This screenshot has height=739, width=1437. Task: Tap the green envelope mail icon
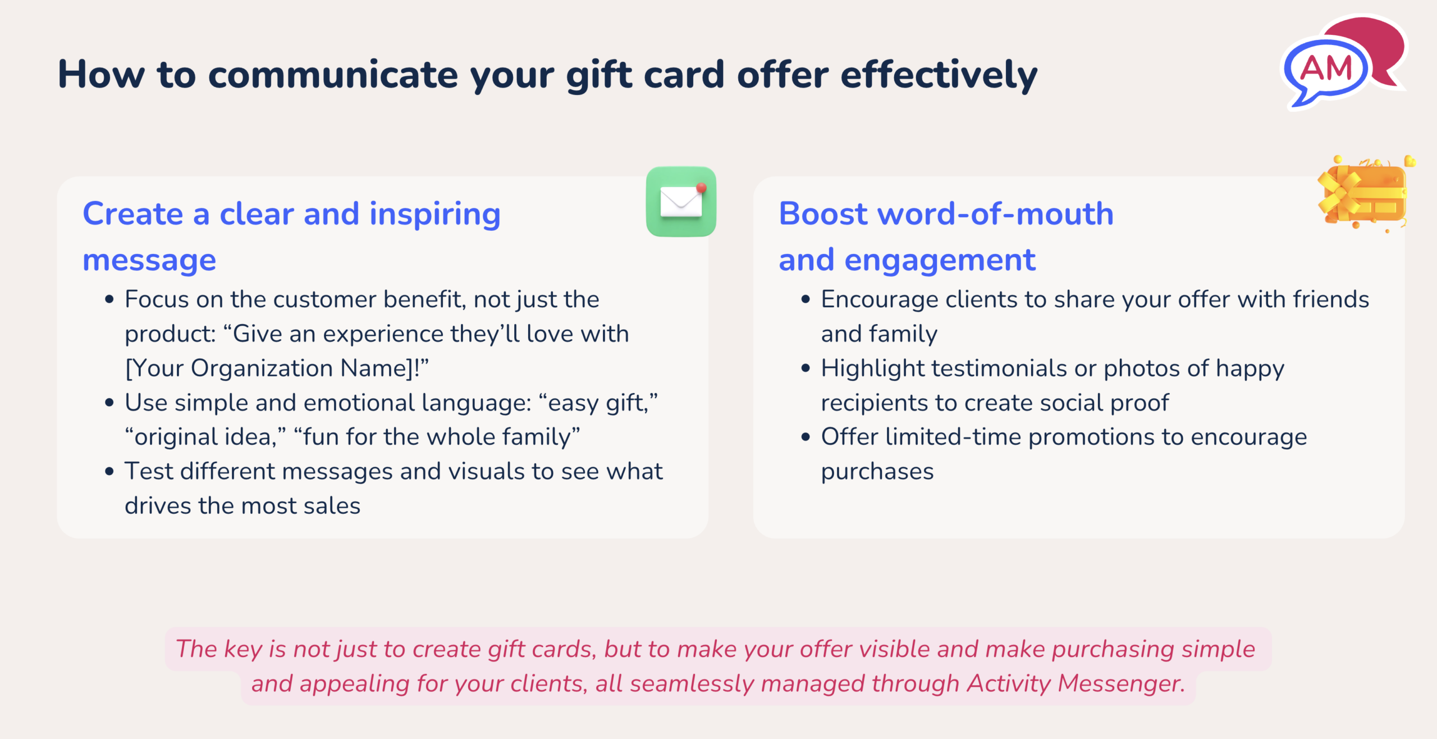point(681,202)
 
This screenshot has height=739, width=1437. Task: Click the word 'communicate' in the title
point(333,75)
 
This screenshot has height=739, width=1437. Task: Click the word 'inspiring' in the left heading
point(435,215)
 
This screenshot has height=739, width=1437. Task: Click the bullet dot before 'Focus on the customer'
point(109,300)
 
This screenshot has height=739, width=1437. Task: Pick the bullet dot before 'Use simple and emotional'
point(109,403)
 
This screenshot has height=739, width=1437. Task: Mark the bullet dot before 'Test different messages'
point(109,471)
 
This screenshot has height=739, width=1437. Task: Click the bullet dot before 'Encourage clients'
point(806,300)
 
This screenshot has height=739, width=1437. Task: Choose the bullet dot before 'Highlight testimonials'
point(806,368)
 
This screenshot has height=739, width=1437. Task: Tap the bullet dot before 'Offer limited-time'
point(806,437)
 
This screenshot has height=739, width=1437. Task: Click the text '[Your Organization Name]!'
point(273,369)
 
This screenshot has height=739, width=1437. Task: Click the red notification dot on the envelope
point(701,188)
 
